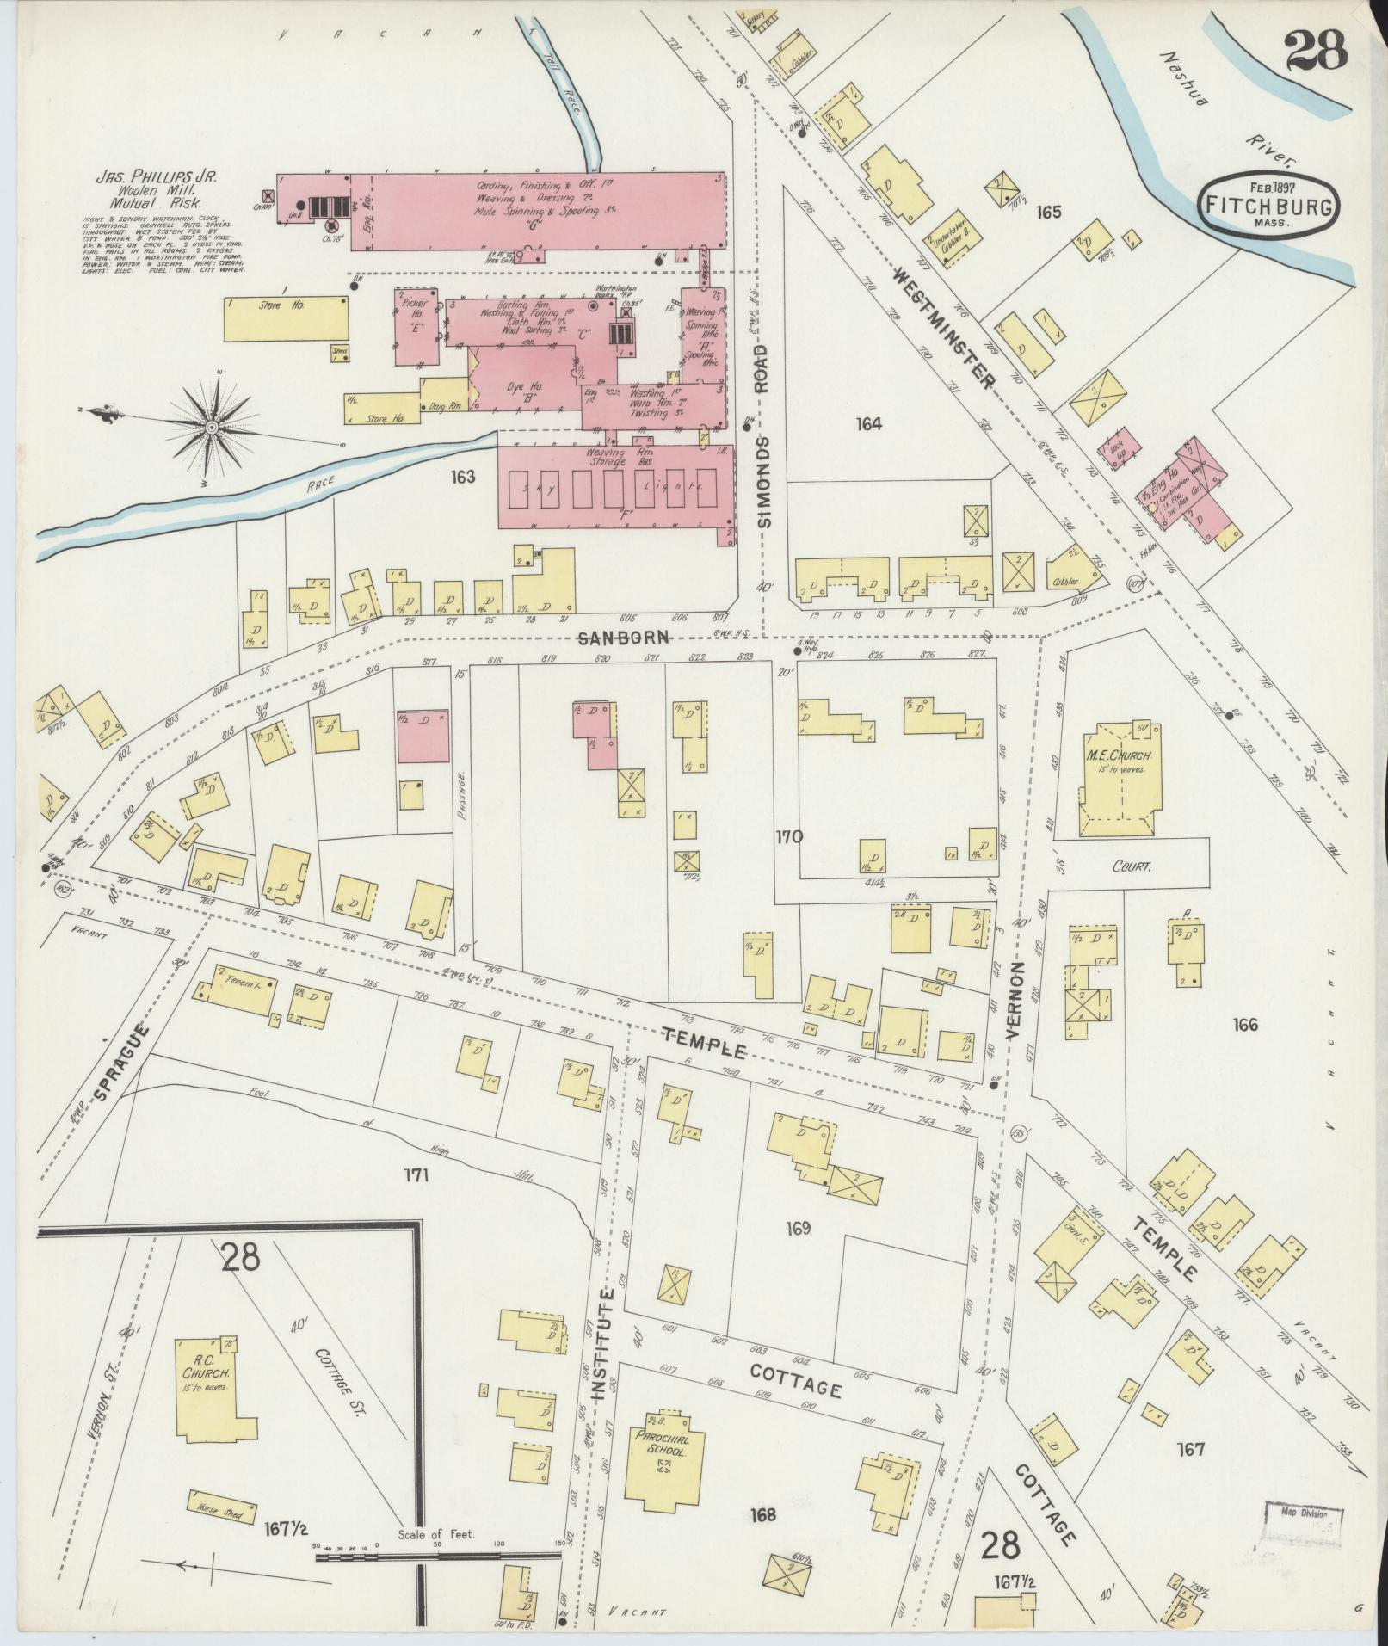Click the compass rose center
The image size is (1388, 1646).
click(x=211, y=428)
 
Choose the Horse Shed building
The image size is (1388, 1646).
click(x=222, y=1508)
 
